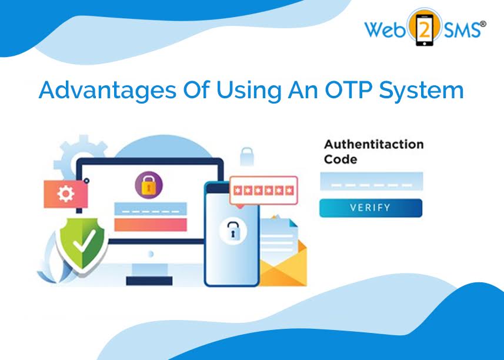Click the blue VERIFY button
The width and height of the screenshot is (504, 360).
click(x=371, y=208)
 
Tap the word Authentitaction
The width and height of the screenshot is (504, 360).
click(x=373, y=145)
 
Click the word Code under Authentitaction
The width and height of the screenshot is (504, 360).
click(x=341, y=159)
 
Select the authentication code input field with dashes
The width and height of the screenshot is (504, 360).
click(x=371, y=181)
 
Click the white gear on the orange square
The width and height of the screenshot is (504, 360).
click(x=65, y=194)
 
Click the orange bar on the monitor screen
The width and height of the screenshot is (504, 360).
click(x=150, y=225)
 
